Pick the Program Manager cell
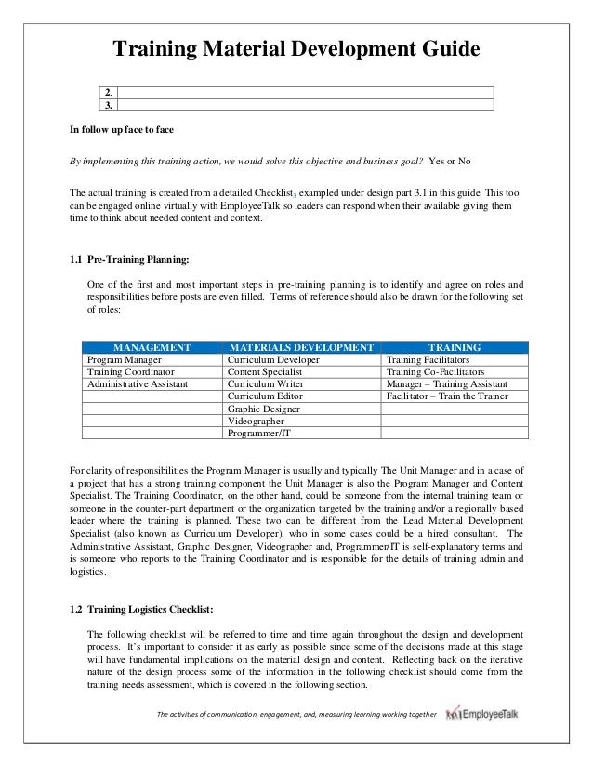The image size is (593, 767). [125, 359]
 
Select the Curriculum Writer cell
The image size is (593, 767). [263, 383]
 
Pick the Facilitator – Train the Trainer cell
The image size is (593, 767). [445, 396]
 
